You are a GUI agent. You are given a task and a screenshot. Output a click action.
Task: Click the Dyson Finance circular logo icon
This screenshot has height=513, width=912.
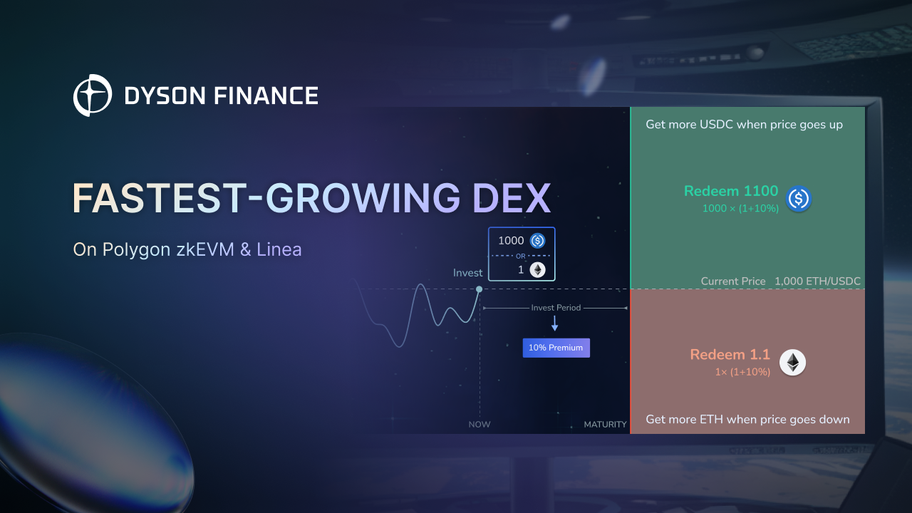[x=93, y=95]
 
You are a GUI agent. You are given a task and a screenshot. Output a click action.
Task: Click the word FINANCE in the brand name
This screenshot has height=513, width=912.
[x=266, y=95]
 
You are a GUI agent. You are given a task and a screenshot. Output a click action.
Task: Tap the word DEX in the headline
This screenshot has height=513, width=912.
[x=512, y=198]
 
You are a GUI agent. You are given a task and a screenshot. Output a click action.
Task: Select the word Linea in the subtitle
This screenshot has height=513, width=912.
[x=279, y=249]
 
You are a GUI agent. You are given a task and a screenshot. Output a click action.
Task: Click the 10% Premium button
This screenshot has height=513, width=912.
[x=556, y=348]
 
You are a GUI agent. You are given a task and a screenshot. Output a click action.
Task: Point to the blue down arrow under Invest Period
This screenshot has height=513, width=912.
[x=554, y=323]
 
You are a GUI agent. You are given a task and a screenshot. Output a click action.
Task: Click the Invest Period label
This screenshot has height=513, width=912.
[x=556, y=308]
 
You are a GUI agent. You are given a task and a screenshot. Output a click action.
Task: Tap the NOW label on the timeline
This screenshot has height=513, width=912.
[x=480, y=424]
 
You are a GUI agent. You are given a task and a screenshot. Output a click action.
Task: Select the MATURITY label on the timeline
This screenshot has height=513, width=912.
[x=605, y=424]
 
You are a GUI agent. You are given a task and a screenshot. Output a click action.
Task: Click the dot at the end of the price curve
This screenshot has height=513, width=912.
[x=480, y=289]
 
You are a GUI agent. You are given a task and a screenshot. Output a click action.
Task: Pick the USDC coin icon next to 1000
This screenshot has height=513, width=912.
[x=537, y=241]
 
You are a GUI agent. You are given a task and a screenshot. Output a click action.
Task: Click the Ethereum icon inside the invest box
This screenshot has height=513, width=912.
[x=537, y=269]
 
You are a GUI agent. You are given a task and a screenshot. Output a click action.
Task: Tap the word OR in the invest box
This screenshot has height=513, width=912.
[x=521, y=256]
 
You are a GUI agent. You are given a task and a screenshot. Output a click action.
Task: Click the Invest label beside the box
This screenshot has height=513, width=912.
[x=467, y=273]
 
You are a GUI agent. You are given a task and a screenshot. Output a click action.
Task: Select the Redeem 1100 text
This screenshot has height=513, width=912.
[x=731, y=191]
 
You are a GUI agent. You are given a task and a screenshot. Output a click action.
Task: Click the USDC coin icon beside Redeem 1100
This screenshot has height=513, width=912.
[x=799, y=199]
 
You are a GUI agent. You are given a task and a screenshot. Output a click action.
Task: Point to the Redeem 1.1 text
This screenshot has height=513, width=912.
[x=730, y=355]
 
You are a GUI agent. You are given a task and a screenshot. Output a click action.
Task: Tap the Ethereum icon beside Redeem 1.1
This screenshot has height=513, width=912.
[x=792, y=363]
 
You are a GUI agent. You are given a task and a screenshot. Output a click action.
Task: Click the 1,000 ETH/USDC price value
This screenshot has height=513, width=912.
[x=817, y=281]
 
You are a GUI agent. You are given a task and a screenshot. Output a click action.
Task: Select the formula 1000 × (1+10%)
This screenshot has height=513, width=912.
[x=740, y=209]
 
